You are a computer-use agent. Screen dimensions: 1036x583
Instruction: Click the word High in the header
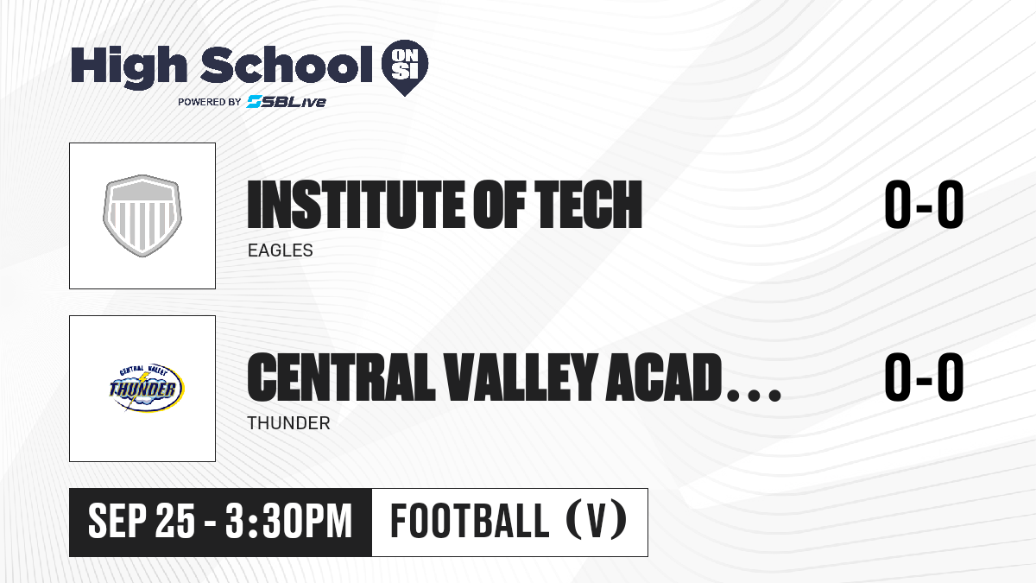tap(129, 67)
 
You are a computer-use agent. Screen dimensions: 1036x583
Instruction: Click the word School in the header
tap(287, 66)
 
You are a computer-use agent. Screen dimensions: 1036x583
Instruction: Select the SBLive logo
tap(286, 102)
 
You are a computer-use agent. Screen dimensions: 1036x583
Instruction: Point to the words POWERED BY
tap(210, 102)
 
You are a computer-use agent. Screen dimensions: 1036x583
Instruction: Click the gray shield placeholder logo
tap(142, 216)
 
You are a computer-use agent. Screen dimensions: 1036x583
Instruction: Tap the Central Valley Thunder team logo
tap(146, 388)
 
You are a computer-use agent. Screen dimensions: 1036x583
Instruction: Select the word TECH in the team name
tap(588, 205)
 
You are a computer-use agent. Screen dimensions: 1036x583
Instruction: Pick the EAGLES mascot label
tap(281, 250)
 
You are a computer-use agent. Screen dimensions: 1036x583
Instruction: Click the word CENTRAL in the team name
tap(341, 377)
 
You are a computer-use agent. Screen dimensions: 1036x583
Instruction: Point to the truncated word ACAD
tap(665, 377)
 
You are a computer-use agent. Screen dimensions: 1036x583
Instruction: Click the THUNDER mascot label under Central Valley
tap(288, 423)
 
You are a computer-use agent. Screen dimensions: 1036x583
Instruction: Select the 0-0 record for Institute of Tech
tap(924, 205)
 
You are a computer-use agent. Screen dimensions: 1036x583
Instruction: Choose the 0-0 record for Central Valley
tap(924, 377)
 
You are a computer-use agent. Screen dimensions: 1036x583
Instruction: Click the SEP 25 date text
tap(142, 522)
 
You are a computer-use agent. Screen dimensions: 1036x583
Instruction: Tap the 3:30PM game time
tap(289, 522)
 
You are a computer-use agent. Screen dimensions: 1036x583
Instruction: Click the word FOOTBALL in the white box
tap(470, 521)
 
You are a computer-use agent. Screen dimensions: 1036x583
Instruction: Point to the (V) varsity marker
tap(597, 521)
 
